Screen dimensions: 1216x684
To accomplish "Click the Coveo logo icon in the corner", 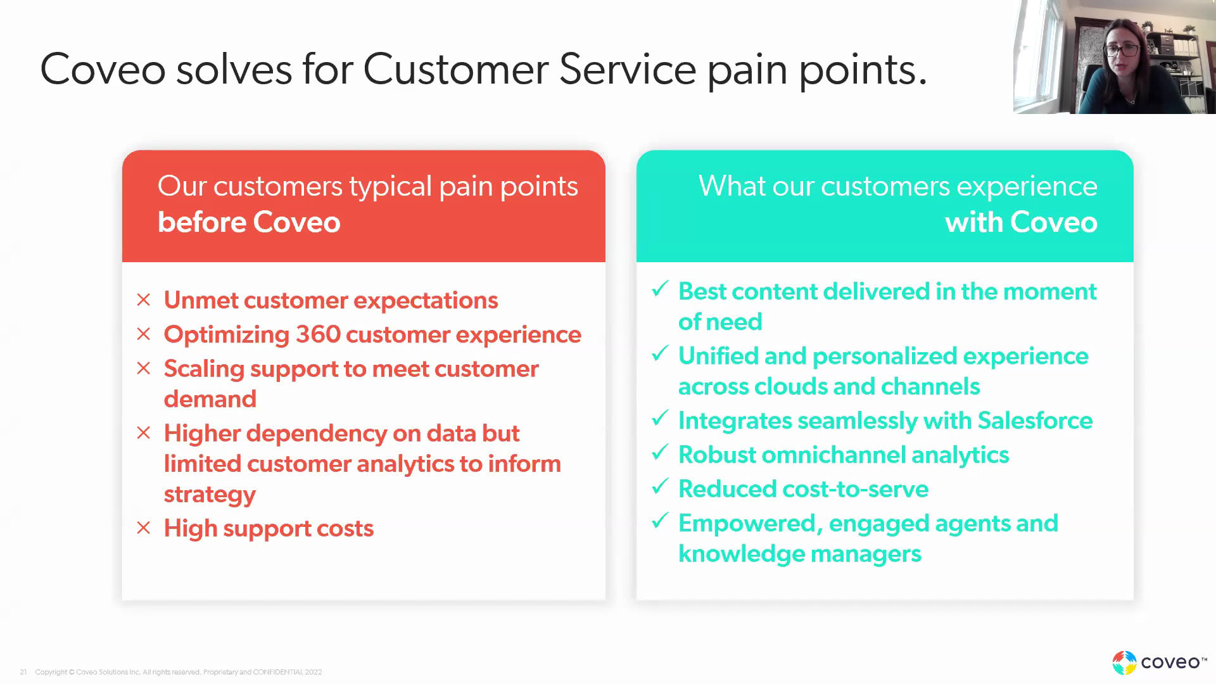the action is click(1124, 662).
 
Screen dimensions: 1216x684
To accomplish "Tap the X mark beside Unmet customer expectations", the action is click(144, 300).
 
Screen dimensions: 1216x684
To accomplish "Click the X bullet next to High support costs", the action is click(144, 528).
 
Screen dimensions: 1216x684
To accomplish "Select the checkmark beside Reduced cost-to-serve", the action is click(660, 486).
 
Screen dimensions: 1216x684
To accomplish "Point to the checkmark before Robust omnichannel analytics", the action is click(660, 452).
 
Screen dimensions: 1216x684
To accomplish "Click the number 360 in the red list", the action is click(319, 334).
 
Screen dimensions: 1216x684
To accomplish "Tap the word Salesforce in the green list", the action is click(1035, 421).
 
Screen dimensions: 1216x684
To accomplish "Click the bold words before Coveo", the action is click(249, 222).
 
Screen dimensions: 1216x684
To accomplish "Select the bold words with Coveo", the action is click(1021, 222).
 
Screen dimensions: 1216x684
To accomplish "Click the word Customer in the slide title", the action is click(456, 69).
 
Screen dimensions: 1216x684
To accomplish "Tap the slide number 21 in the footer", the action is click(23, 672).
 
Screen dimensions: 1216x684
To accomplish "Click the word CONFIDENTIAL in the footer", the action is click(277, 672).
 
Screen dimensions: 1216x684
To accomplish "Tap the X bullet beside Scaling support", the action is click(144, 368).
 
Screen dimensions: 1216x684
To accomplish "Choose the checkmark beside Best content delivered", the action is click(660, 289).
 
